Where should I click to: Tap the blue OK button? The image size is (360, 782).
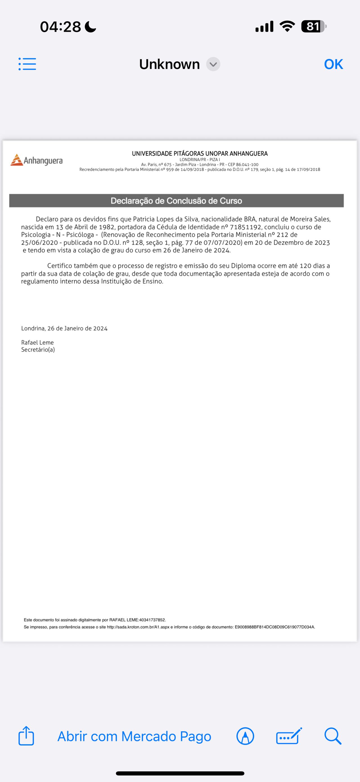pos(333,64)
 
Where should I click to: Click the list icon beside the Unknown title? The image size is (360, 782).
pos(27,64)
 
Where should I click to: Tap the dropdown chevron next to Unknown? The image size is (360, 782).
pos(213,64)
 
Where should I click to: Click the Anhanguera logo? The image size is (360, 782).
pos(37,160)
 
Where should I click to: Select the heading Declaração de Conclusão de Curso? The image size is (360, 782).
pos(176,201)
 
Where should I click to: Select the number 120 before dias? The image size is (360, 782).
pos(305,266)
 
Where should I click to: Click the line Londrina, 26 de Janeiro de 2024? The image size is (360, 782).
pos(64,328)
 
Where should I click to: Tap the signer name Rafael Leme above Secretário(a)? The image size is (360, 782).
pos(37,342)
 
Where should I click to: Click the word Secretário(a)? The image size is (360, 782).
pos(38,350)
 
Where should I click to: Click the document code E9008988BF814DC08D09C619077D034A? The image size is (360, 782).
pos(275,627)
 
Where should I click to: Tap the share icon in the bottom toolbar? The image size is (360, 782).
pos(26,736)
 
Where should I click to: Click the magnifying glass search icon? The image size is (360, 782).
pos(333,736)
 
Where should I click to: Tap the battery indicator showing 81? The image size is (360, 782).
pos(313,27)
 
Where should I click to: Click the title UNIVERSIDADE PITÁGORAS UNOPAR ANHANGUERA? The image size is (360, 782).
pos(200,154)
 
